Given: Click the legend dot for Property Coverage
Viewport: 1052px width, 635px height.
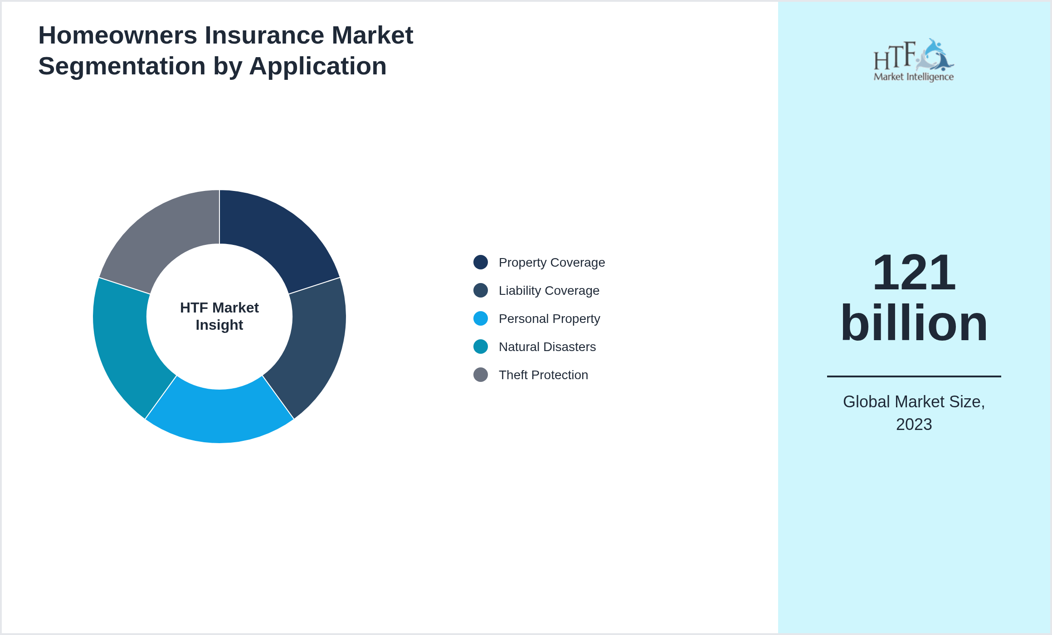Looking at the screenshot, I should pyautogui.click(x=481, y=262).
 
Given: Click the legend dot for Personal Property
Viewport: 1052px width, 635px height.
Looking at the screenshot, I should pyautogui.click(x=481, y=318).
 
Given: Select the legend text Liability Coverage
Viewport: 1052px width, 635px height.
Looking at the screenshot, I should pyautogui.click(x=549, y=290).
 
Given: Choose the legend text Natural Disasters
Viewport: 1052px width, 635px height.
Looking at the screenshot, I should pyautogui.click(x=547, y=347).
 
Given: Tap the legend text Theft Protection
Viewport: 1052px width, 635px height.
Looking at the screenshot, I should pyautogui.click(x=543, y=375).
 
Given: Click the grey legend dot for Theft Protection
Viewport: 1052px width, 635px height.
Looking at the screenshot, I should pyautogui.click(x=481, y=375).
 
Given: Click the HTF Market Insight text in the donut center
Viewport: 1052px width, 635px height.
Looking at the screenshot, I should pyautogui.click(x=219, y=316).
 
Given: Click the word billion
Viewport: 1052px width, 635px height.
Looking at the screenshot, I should pyautogui.click(x=914, y=323).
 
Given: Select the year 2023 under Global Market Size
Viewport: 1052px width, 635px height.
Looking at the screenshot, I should pyautogui.click(x=914, y=425).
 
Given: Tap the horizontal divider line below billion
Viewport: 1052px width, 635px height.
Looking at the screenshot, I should pyautogui.click(x=914, y=376).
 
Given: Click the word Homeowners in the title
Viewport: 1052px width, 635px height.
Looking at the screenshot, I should pyautogui.click(x=117, y=35).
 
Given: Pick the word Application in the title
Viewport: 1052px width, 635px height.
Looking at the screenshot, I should pyautogui.click(x=317, y=66).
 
